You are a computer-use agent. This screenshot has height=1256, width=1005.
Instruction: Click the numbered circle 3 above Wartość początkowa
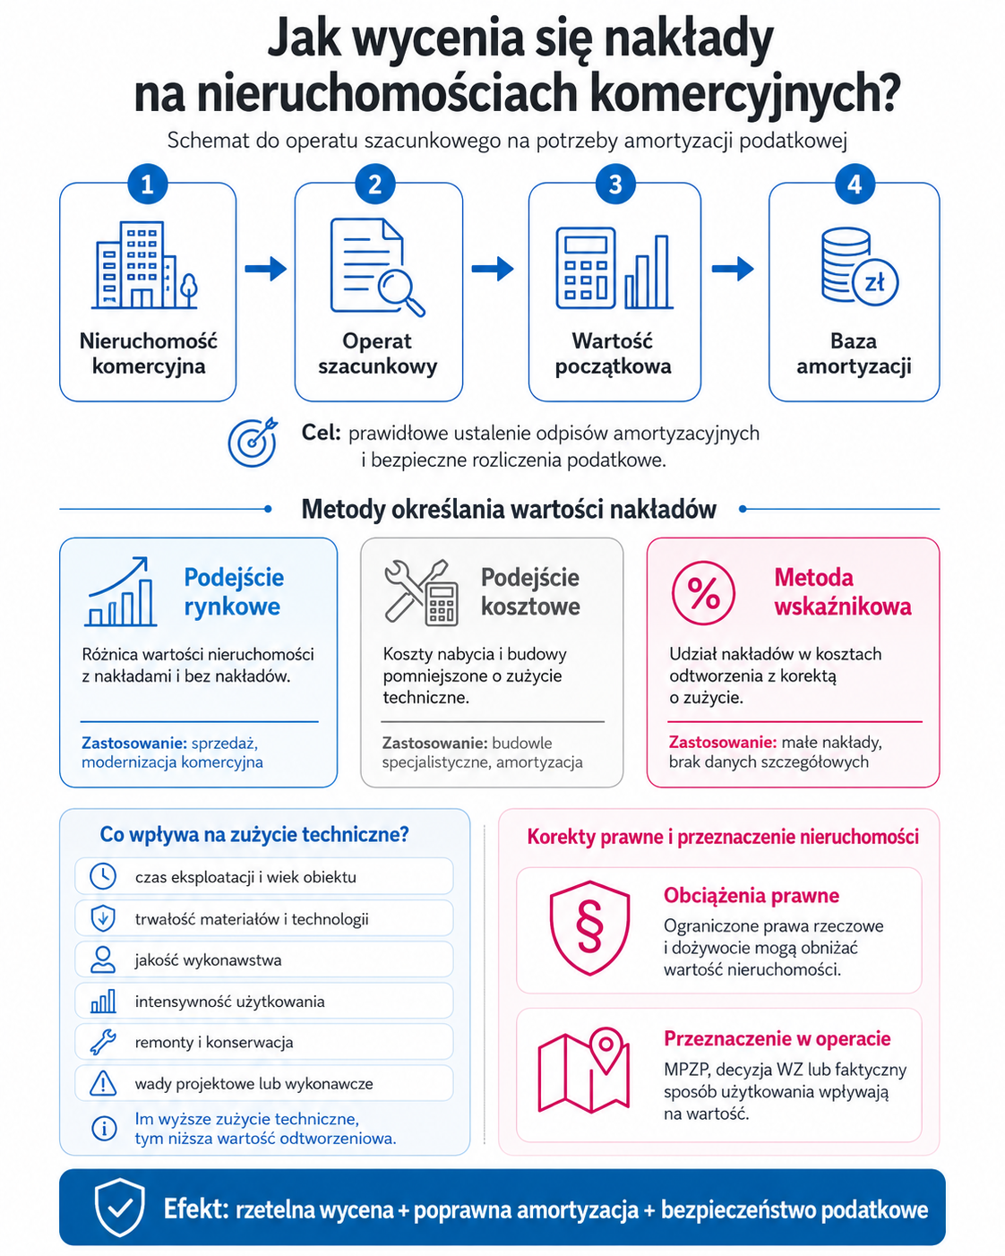coord(615,185)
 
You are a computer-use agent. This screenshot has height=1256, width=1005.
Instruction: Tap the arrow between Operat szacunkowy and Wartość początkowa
coord(493,269)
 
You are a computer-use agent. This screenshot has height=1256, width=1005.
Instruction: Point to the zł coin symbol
coord(874,282)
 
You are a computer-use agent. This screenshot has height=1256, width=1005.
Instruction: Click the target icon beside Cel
coord(253,442)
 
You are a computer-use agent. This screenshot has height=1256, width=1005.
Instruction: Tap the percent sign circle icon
coord(703,593)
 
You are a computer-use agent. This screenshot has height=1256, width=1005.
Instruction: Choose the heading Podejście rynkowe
coord(234,592)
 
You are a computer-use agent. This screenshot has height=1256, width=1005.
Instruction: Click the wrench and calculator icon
coord(421,592)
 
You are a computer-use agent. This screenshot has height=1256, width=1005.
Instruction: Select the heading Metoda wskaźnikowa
coord(842,592)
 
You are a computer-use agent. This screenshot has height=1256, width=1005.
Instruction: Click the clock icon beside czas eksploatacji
coord(103,876)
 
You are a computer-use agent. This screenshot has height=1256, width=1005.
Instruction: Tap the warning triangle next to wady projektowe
coord(103,1083)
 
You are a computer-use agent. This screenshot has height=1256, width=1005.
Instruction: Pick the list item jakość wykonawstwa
coord(208,960)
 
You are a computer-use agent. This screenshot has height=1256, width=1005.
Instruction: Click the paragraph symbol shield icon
coord(589,927)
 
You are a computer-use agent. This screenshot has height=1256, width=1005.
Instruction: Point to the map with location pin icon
coord(584,1070)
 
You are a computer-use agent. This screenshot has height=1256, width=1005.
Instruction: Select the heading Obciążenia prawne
coord(752,896)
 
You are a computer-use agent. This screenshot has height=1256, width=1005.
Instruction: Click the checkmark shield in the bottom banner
coord(120,1207)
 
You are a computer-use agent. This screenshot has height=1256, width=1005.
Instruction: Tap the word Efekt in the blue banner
coord(195,1209)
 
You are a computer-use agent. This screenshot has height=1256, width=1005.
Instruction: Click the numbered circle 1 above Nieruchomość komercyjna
coord(148,185)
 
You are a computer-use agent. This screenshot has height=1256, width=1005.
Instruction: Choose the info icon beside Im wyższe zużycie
coord(104,1128)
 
